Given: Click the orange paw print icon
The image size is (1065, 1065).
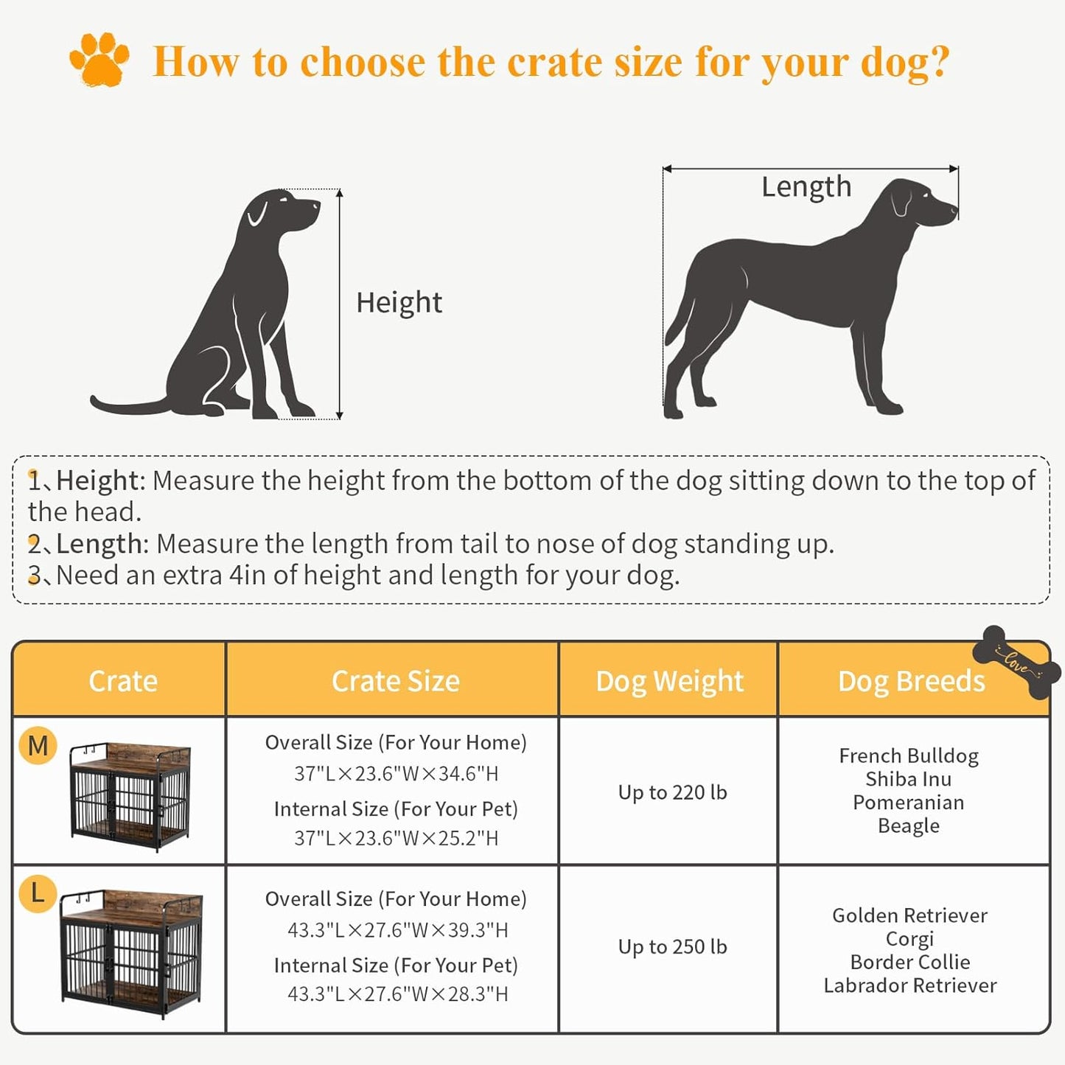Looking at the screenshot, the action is (99, 60).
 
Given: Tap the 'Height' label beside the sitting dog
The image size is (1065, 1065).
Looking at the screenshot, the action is (399, 302).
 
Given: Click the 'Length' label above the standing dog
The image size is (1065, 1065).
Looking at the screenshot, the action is (806, 186).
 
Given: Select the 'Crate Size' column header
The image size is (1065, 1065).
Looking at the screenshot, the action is (396, 681).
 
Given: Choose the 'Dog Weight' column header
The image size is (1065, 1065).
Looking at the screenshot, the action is (669, 681).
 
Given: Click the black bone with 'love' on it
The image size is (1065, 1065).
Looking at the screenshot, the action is (1016, 662).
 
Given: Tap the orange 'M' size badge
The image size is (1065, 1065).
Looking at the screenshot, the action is (38, 746).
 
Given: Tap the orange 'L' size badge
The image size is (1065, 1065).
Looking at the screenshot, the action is (38, 893).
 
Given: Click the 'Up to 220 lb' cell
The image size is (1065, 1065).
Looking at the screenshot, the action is (672, 792).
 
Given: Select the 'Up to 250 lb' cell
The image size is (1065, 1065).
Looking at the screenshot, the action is (672, 946).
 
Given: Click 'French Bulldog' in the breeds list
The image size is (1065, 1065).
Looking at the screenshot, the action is (909, 755).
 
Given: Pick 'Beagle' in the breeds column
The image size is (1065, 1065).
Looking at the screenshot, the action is (909, 825).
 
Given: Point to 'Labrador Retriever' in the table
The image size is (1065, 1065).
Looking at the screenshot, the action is (909, 985).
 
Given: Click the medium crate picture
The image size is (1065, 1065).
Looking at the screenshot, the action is (130, 797).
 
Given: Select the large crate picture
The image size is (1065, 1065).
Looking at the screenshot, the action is (131, 946).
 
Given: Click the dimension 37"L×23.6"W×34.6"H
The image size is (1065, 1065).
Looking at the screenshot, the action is (396, 774).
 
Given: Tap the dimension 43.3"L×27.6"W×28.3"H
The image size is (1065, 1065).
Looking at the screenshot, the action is (397, 994).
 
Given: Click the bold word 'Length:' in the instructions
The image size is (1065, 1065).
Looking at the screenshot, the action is (102, 544).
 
